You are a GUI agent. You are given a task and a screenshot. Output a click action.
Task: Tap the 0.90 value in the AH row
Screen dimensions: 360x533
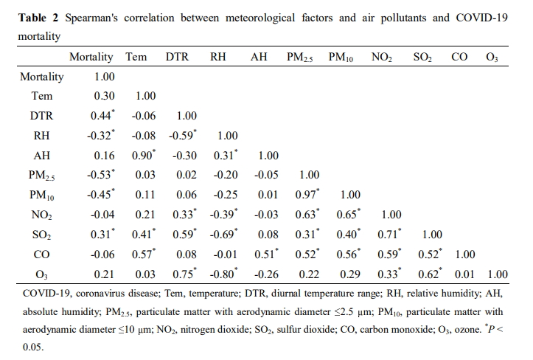coord(143,155)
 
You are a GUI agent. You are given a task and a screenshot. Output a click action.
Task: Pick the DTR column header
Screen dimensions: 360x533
coord(177,57)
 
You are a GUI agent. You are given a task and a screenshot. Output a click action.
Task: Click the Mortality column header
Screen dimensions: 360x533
coord(91,57)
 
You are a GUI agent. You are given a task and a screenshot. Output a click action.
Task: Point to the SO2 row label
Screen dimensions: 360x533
coord(42,235)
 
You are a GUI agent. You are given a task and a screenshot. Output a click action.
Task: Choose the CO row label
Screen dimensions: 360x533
coord(42,255)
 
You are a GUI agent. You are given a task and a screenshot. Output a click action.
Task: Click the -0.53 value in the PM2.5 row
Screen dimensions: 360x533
coord(101,175)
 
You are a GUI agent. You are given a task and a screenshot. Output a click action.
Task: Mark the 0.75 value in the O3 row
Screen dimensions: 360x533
coord(183,274)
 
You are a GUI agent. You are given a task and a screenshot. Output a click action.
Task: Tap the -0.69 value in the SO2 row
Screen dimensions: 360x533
coord(223,235)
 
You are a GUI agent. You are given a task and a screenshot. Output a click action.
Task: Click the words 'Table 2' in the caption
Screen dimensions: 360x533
coord(38,18)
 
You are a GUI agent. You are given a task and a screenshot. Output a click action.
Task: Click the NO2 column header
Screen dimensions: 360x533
coord(382,57)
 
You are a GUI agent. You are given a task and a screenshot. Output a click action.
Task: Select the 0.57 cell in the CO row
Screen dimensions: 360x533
coord(143,255)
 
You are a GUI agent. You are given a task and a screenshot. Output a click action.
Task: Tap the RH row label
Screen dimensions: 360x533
coord(42,135)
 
